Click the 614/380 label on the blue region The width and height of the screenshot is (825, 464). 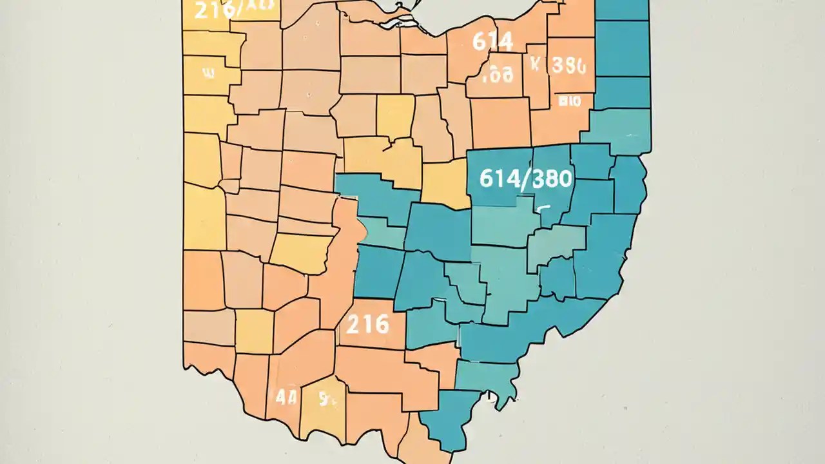(526, 179)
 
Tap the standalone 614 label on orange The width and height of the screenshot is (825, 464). (492, 42)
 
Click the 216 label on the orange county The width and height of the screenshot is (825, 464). (367, 324)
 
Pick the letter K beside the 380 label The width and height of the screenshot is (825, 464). (534, 64)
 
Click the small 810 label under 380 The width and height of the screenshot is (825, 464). (570, 100)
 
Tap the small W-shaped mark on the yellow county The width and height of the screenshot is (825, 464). (208, 73)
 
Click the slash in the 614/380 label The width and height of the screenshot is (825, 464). (528, 179)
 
